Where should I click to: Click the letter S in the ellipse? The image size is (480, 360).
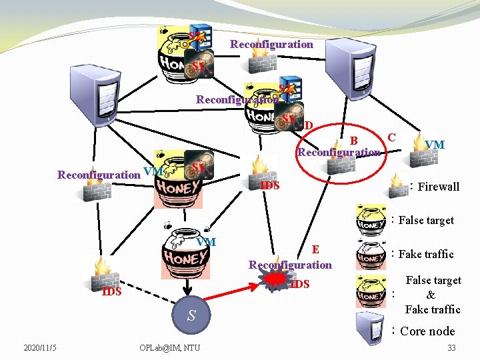191,315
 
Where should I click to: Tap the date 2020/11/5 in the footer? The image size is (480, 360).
40,347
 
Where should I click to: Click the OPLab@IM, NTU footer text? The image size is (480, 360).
169,347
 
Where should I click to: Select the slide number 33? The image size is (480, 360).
451,347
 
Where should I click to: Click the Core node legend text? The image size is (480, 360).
427,331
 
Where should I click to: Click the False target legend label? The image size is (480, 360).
426,220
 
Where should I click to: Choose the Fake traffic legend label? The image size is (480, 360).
426,254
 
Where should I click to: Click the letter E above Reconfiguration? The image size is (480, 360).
316,249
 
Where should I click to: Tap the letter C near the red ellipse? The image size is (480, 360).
392,137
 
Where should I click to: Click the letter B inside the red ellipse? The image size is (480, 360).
355,140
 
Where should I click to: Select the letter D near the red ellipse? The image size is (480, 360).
309,125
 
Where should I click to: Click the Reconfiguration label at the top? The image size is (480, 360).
271,45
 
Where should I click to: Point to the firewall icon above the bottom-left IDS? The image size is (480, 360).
103,271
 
